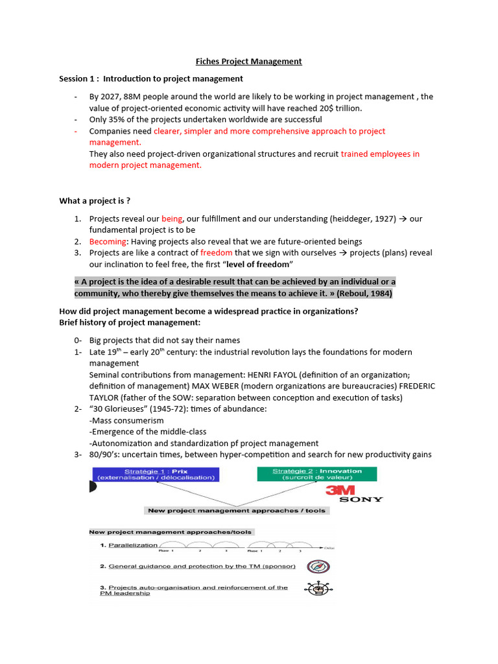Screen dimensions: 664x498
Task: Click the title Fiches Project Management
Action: [x=249, y=62]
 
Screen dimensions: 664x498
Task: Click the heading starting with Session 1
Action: [x=151, y=78]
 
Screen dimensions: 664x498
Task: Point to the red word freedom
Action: [x=216, y=253]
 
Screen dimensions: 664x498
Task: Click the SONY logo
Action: [x=361, y=499]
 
